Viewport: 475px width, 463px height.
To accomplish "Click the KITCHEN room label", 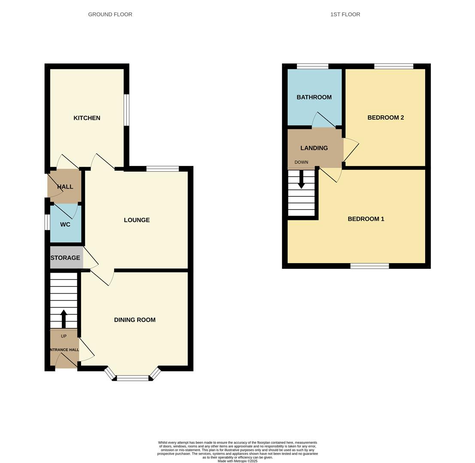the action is point(87,118).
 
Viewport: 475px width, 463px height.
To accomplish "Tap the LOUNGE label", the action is point(136,220).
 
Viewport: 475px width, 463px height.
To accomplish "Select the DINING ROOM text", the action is point(135,320).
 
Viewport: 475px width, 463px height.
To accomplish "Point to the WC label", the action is point(65,225).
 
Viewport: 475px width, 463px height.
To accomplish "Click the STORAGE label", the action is point(65,258).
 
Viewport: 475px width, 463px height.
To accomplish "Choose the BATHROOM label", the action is point(314,97).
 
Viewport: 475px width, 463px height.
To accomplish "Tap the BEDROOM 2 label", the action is point(386,117).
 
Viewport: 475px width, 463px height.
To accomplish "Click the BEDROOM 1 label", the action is point(366,219).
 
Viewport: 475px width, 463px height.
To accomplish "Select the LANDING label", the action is point(314,148).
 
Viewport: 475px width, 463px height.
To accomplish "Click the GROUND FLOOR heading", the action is point(110,14).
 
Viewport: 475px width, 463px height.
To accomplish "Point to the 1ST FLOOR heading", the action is point(345,14).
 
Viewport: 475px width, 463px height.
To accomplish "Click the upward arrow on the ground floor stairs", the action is point(64,319).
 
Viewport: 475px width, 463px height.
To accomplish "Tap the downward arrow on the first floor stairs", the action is point(301,180).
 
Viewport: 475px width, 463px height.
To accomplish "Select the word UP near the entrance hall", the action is point(64,336).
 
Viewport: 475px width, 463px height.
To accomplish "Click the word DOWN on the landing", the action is point(301,162).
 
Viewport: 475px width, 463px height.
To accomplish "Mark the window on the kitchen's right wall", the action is point(127,110).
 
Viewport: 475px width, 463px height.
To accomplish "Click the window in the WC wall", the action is point(47,222).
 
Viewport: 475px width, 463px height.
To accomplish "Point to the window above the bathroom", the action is point(312,66).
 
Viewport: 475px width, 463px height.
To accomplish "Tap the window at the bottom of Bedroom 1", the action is point(369,266).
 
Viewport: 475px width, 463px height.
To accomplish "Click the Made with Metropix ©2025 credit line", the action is point(238,461).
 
